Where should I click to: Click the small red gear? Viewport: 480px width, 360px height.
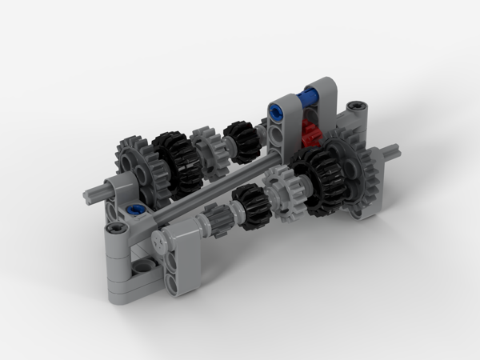(311, 130)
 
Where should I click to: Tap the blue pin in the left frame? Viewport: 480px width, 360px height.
(135, 212)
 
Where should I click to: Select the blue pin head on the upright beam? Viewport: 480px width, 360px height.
(277, 114)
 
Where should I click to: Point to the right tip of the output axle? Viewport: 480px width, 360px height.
(394, 149)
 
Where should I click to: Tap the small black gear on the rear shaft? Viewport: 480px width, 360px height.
(238, 136)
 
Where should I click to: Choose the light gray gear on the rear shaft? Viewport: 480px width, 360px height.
(209, 149)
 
